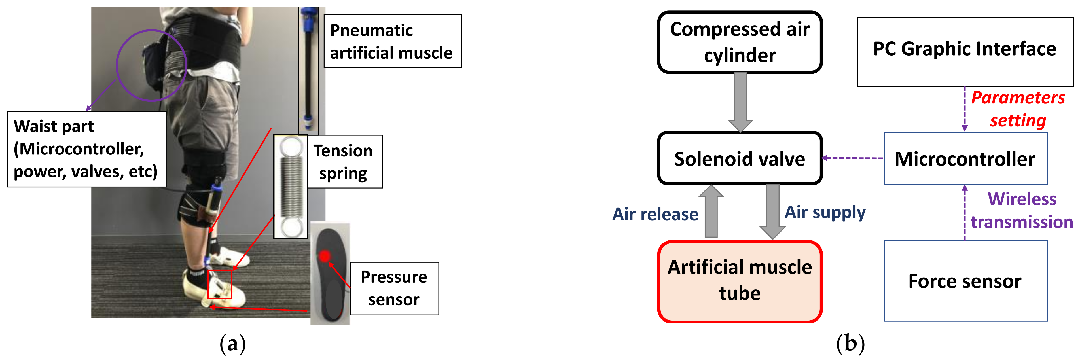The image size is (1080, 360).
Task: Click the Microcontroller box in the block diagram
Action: pos(965,158)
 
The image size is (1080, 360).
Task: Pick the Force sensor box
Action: pos(965,281)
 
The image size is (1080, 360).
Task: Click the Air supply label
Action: pos(825,212)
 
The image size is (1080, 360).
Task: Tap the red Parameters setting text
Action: pos(1018,109)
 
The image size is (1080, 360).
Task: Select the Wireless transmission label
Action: pos(1022,210)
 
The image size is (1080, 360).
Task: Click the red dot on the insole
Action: pos(325,256)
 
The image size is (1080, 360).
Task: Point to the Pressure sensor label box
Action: pos(394,288)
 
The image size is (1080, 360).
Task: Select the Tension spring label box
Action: pos(345,161)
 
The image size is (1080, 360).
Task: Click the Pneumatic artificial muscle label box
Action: pos(392,41)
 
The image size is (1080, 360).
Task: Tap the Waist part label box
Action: pos(86,149)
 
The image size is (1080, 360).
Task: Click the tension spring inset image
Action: pos(291,187)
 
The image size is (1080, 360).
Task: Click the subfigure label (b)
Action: pos(850,344)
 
